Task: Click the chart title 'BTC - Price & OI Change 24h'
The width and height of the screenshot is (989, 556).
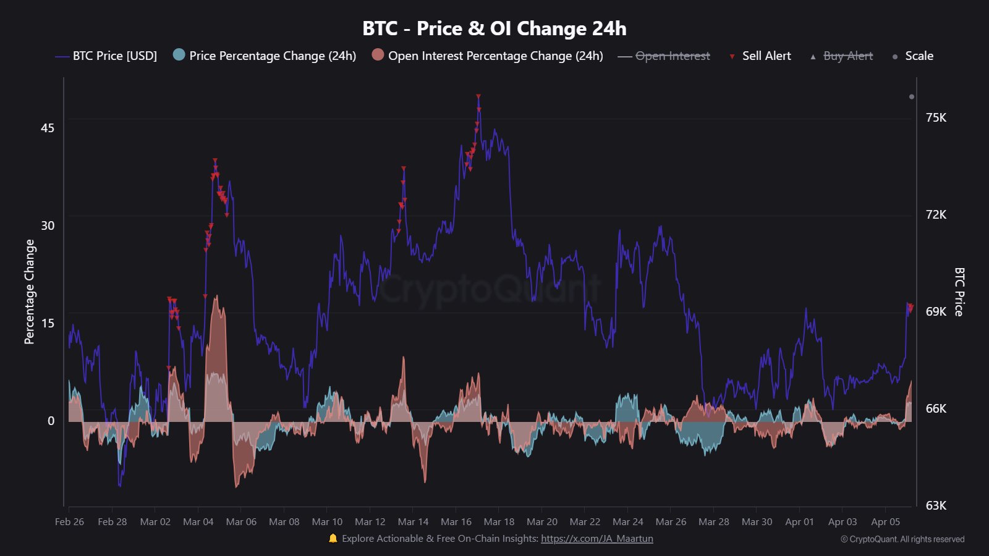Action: coord(494,28)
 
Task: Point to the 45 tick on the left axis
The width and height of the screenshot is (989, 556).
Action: coord(48,128)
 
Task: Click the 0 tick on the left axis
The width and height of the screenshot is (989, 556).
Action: coord(51,421)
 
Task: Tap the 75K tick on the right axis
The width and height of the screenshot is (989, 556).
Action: coord(936,118)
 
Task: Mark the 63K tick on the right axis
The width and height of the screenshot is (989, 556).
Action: coord(936,506)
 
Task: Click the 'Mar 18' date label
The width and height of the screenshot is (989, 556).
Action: coord(499,522)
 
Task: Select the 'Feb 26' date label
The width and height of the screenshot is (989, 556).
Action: coord(69,522)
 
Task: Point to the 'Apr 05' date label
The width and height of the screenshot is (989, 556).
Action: coord(885,522)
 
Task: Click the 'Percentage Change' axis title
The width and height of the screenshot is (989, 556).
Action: coord(30,292)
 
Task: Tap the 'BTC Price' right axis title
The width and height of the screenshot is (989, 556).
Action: coord(959,292)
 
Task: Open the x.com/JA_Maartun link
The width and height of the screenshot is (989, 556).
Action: coord(596,539)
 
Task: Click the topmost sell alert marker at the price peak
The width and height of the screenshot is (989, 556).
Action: coord(478,97)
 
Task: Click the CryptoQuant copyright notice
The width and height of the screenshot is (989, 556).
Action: coord(902,539)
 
